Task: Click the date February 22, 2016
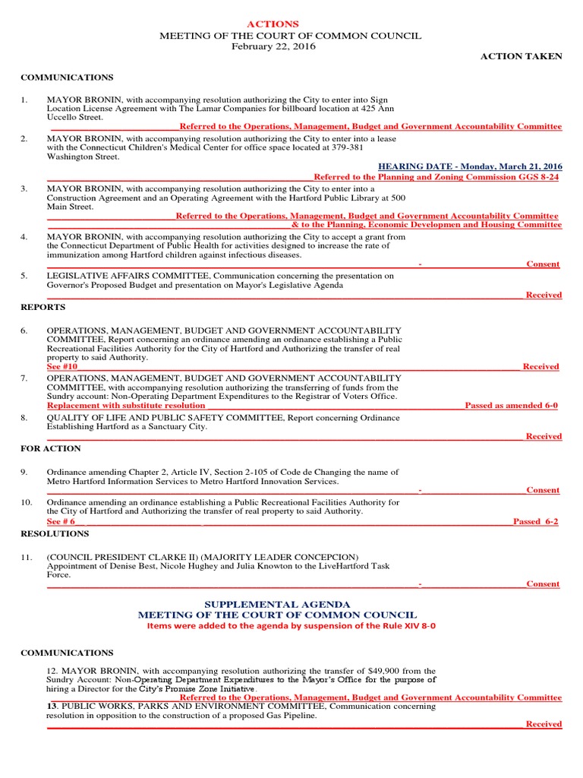tap(273, 46)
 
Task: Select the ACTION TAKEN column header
tap(522, 56)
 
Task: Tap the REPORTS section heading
tap(43, 307)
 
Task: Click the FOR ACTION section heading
tap(51, 448)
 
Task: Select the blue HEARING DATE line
tap(470, 166)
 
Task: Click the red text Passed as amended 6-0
tap(511, 406)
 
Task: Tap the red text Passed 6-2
tap(535, 522)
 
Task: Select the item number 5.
tap(24, 276)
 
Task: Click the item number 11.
tap(27, 558)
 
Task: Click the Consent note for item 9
tap(543, 490)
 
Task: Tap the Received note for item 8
tap(544, 436)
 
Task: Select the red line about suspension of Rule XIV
tap(291, 626)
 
